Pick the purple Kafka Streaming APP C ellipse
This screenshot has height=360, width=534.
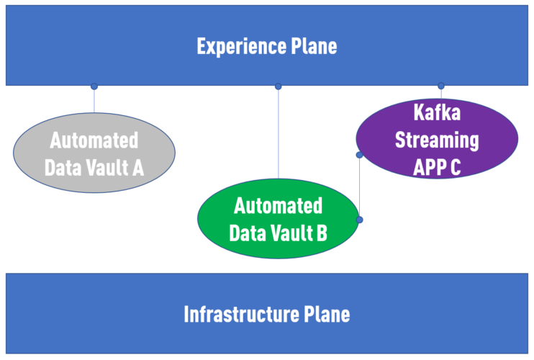(437, 139)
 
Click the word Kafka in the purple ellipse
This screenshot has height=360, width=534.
(437, 112)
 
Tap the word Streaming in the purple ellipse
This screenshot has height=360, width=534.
(437, 140)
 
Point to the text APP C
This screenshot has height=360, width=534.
(437, 167)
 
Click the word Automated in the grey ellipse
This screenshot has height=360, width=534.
(94, 140)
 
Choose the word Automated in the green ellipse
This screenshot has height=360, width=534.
(278, 206)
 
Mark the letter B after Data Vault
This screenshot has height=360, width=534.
(321, 233)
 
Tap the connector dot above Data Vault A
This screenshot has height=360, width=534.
(94, 86)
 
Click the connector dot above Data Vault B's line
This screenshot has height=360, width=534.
(279, 86)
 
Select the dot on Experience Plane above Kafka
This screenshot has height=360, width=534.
(441, 86)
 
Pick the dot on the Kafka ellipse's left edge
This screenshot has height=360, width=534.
(359, 154)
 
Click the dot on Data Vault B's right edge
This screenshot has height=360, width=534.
(359, 219)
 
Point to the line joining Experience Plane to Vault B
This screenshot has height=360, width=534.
(279, 133)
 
